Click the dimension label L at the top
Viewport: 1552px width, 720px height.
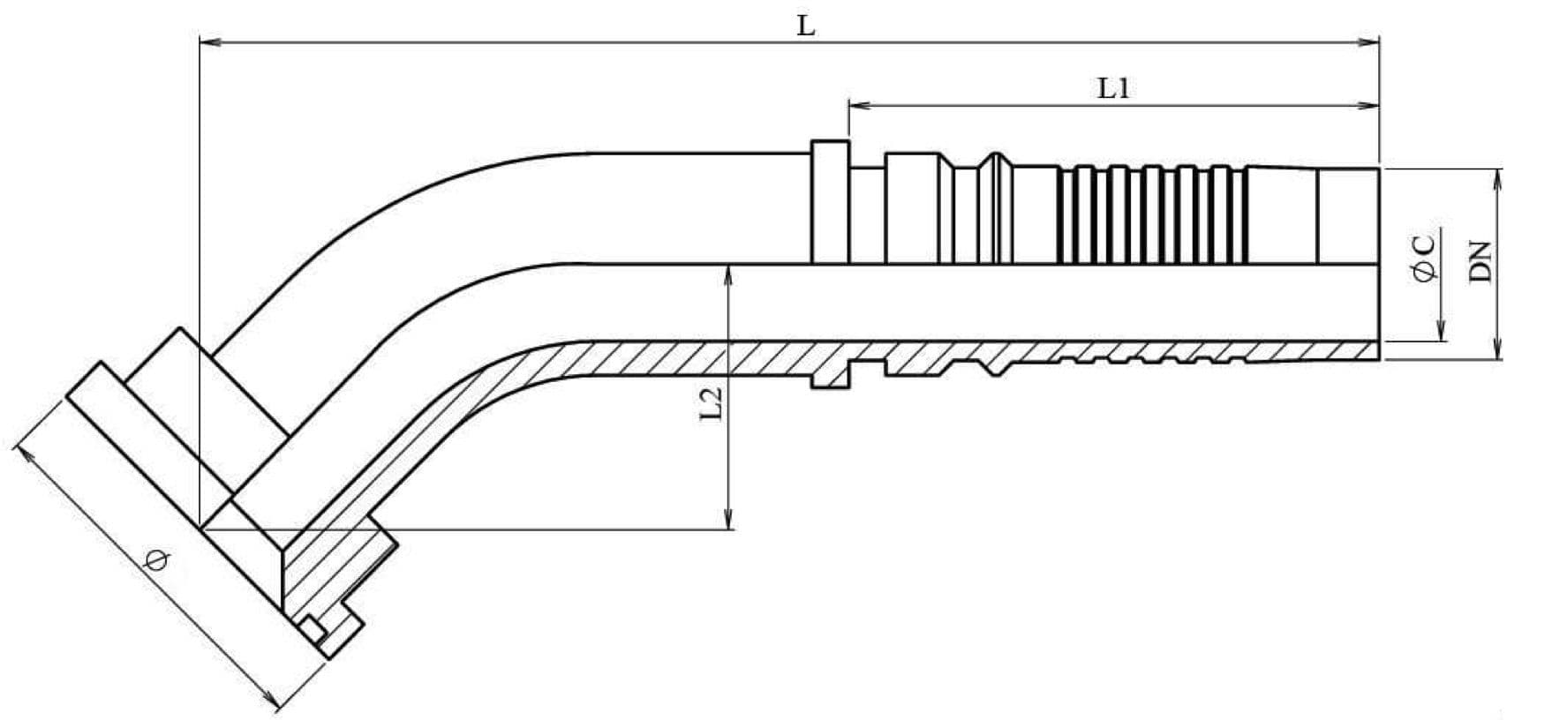[x=806, y=26]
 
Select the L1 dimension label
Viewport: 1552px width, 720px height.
[x=1113, y=88]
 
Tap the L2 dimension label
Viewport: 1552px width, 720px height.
[x=712, y=402]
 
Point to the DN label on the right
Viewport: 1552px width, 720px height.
[x=1480, y=261]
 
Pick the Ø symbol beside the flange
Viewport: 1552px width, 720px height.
[x=158, y=559]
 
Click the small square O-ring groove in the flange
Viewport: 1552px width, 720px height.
[x=312, y=630]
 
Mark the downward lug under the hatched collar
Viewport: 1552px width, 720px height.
[x=830, y=379]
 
